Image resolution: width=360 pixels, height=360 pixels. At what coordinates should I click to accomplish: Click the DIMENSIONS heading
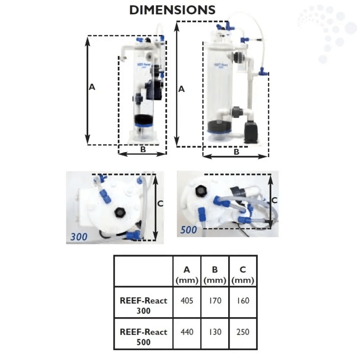(x=172, y=10)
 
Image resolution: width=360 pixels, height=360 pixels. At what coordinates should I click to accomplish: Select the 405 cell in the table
(x=187, y=301)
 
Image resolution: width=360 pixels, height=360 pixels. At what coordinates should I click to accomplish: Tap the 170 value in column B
(x=215, y=301)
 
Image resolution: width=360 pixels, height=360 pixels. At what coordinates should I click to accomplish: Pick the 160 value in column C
(x=243, y=301)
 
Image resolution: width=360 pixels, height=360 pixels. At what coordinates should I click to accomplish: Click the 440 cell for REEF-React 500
(x=187, y=333)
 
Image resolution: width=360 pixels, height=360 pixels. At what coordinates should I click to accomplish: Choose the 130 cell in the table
(x=215, y=333)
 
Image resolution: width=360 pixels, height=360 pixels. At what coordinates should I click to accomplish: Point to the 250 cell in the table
(x=243, y=333)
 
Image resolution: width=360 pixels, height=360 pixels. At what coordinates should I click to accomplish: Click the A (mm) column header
(x=187, y=274)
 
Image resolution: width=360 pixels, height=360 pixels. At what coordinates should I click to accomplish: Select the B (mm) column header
(x=215, y=274)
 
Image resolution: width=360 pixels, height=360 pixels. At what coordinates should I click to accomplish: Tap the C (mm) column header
(x=243, y=274)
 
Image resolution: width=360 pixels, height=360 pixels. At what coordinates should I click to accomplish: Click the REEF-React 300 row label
(x=144, y=305)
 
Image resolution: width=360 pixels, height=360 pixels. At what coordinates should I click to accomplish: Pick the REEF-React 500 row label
(x=144, y=337)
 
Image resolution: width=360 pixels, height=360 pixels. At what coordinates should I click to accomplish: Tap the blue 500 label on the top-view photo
(x=189, y=230)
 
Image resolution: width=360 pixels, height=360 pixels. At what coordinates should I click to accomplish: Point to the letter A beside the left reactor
(x=92, y=87)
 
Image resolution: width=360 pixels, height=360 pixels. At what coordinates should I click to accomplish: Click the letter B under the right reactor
(x=236, y=152)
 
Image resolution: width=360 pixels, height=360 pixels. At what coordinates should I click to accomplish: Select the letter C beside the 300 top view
(x=160, y=204)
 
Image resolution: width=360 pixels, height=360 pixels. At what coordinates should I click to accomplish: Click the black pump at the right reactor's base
(x=249, y=130)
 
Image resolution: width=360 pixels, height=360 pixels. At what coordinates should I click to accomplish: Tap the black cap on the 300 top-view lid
(x=121, y=212)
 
